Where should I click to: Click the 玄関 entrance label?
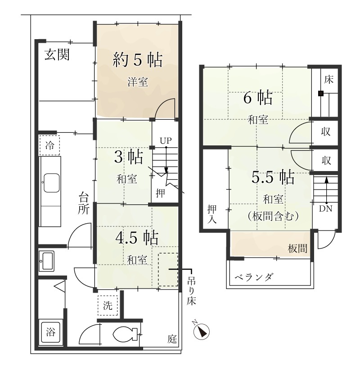57,54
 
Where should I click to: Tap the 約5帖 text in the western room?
138,60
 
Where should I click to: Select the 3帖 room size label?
129,157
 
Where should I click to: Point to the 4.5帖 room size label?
137,237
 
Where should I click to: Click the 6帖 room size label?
258,97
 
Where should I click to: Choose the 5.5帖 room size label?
273,177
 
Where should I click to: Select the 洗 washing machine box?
108,306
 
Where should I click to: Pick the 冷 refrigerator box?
49,145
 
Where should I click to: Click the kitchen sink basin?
51,183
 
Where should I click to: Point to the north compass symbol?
201,330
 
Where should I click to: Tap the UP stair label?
166,140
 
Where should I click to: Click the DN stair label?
325,209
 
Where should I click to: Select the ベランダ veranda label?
253,277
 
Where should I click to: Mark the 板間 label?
297,249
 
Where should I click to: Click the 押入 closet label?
212,214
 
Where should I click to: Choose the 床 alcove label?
328,80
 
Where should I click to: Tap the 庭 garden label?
172,339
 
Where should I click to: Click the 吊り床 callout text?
191,292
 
